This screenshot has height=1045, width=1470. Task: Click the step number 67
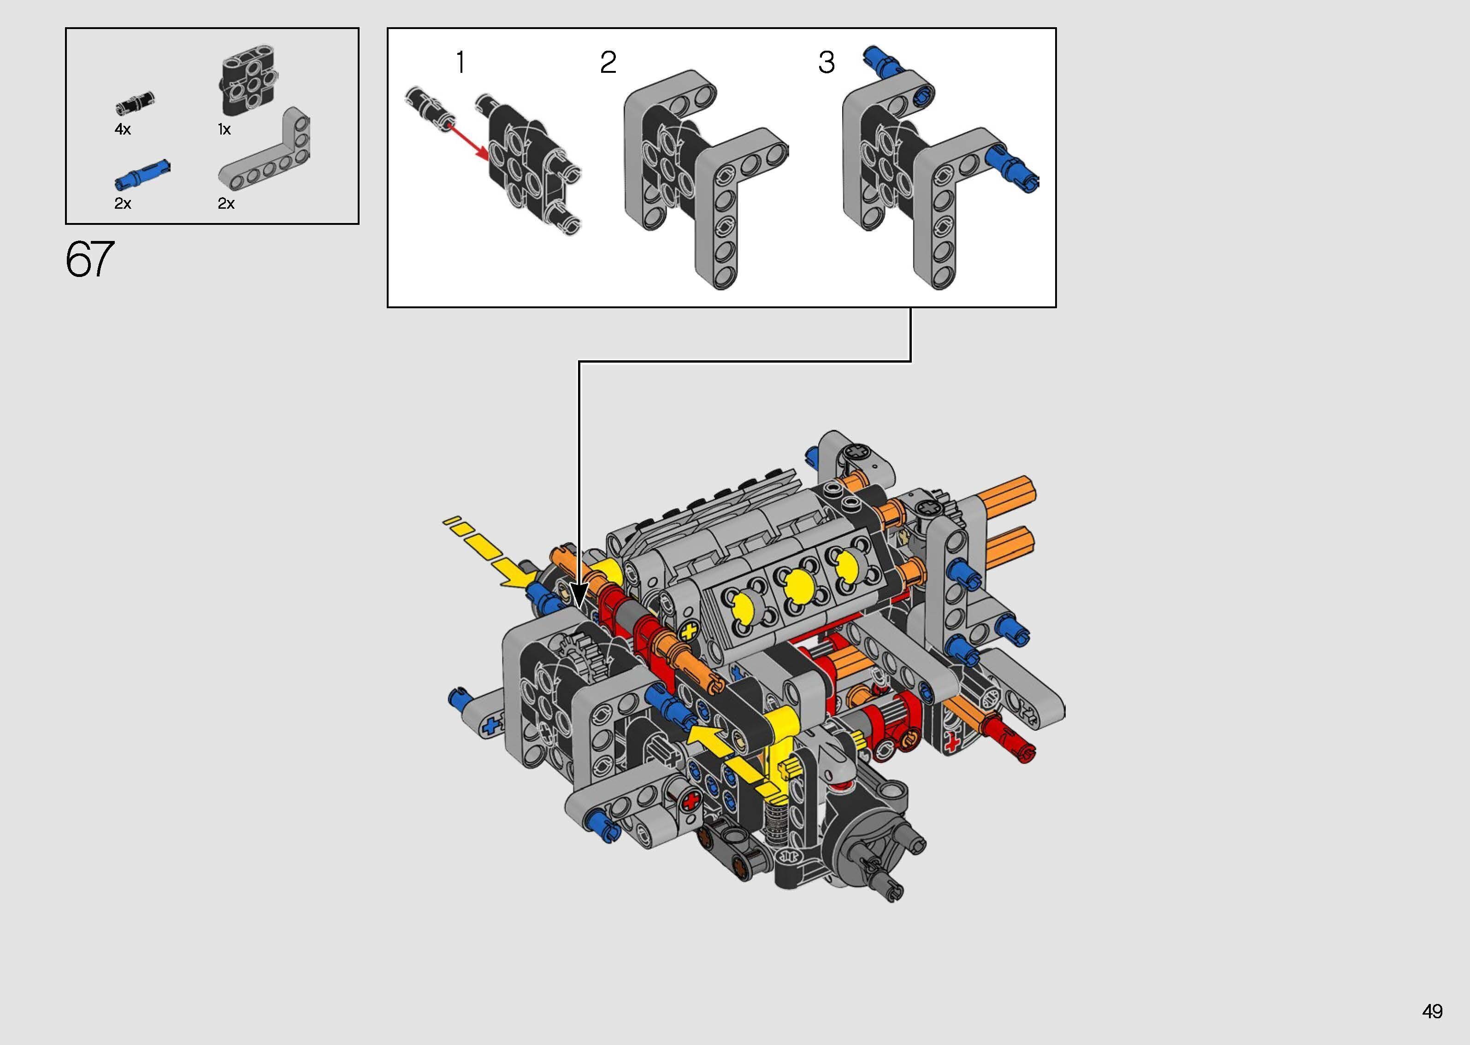pyautogui.click(x=90, y=259)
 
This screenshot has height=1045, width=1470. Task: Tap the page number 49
pyautogui.click(x=1432, y=1011)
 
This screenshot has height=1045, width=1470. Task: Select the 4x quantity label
pyautogui.click(x=122, y=129)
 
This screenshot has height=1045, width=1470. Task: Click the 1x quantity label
pyautogui.click(x=224, y=129)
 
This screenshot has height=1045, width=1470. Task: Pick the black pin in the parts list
pyautogui.click(x=135, y=102)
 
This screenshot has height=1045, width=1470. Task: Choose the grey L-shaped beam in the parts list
pyautogui.click(x=265, y=151)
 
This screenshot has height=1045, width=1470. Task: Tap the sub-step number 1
pyautogui.click(x=460, y=62)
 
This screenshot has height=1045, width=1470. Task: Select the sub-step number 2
pyautogui.click(x=608, y=62)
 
